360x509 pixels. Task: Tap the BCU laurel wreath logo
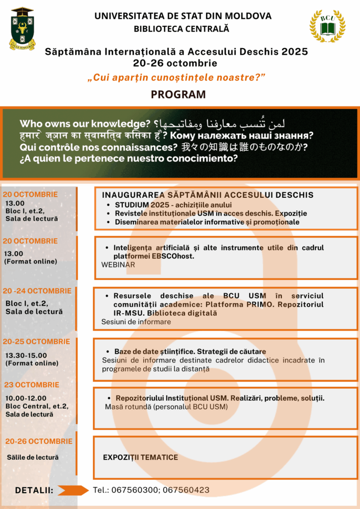coord(327,26)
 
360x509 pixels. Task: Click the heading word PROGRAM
coord(179,94)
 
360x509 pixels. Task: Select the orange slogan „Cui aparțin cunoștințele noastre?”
coord(176,78)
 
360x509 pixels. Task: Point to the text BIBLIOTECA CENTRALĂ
coord(181,29)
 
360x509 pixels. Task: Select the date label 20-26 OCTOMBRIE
coord(39,441)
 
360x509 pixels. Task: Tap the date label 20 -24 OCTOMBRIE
coord(37,291)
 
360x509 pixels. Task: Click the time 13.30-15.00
coord(26,355)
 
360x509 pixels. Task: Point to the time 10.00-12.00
coord(26,398)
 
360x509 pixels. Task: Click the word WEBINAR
coord(118,265)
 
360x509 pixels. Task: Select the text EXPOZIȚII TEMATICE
coord(140,457)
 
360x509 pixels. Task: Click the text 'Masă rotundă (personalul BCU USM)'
coord(166,407)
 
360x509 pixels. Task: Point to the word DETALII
coord(34,490)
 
